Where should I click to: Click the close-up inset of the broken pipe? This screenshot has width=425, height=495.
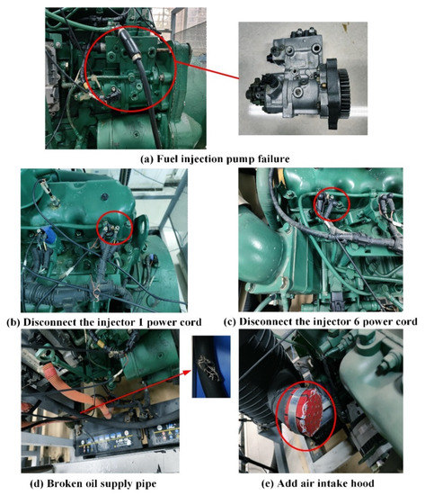pos(205,364)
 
